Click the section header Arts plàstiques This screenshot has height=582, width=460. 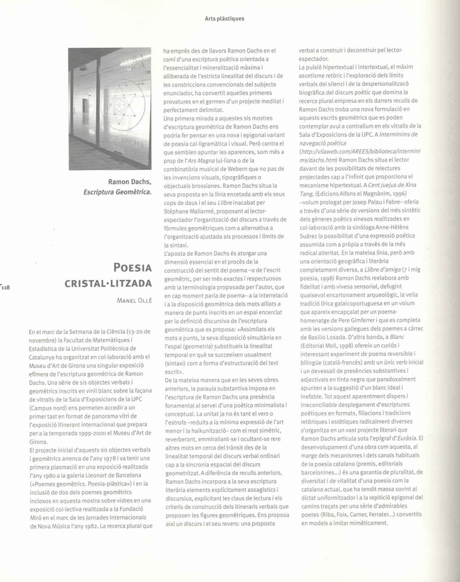[x=224, y=19]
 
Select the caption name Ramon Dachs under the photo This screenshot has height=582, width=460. [x=130, y=181]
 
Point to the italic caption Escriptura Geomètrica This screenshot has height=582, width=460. [x=117, y=191]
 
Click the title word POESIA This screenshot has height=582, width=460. [x=132, y=270]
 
